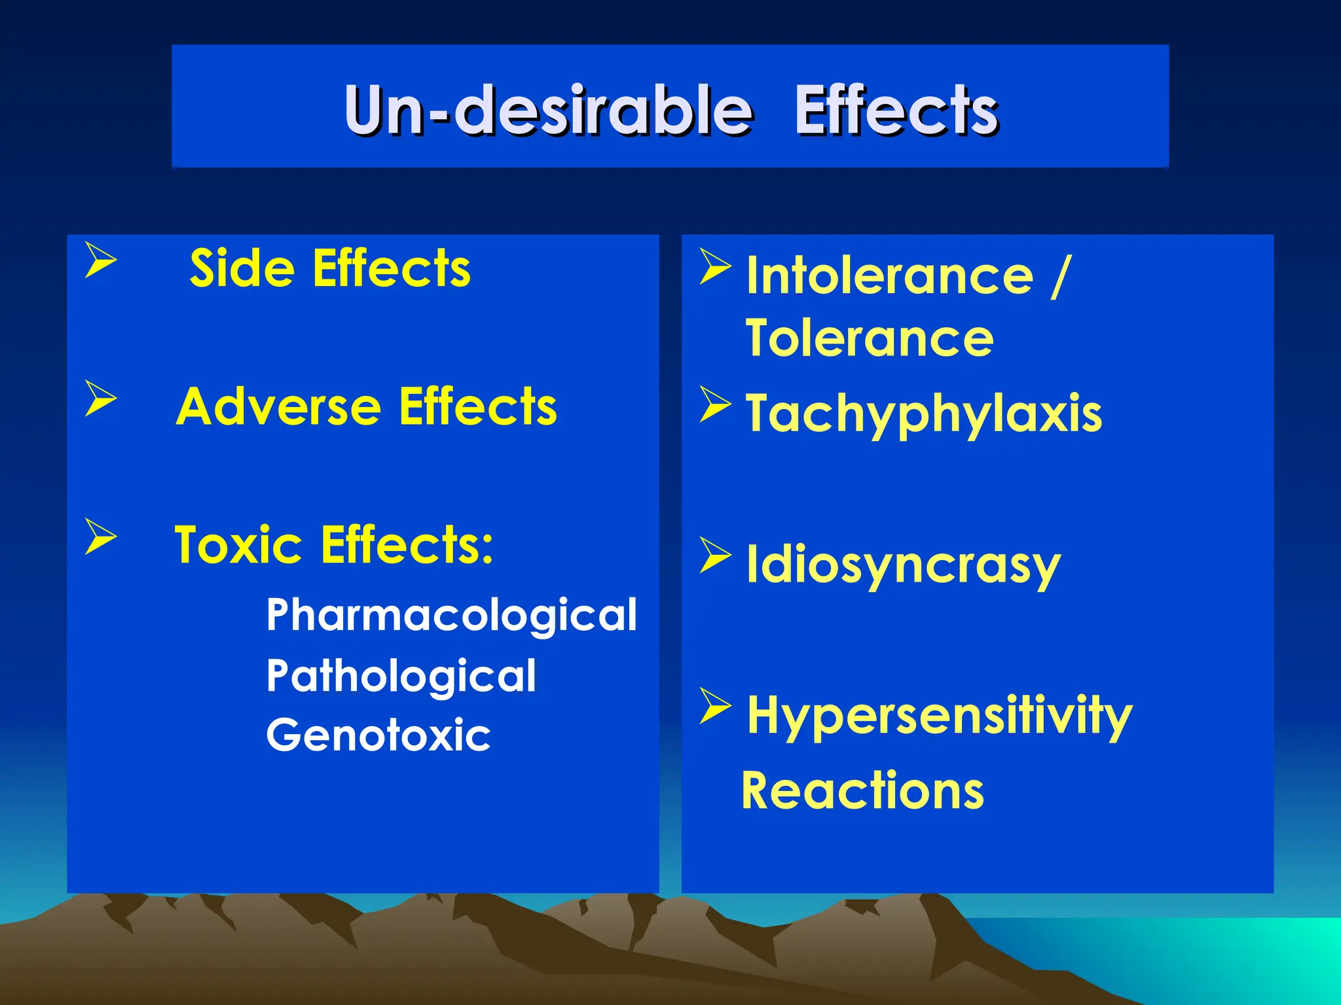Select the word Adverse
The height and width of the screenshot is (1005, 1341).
278,407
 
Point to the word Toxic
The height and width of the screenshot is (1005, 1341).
238,545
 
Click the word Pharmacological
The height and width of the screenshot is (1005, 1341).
451,615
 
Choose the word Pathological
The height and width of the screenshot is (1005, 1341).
401,676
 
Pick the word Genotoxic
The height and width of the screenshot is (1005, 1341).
378,735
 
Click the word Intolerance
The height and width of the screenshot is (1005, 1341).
889,276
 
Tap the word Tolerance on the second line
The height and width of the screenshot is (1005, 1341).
869,338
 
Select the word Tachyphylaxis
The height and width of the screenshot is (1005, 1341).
923,414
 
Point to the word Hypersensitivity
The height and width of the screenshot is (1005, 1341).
939,716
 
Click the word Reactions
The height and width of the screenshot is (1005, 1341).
862,791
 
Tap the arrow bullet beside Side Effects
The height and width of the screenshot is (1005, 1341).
100,260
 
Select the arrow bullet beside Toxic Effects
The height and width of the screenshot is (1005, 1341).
100,536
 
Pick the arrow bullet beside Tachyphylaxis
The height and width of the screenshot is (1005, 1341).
714,404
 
